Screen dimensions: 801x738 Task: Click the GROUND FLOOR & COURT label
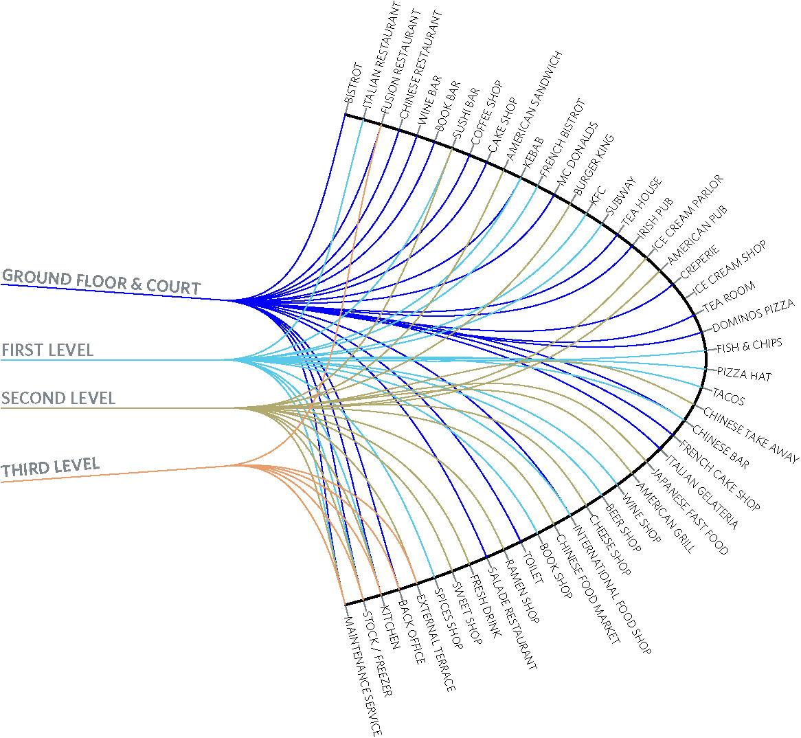[101, 282]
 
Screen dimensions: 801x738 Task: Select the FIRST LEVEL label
[47, 350]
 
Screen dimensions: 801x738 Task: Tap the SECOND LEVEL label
[58, 398]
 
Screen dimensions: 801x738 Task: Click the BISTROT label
[354, 83]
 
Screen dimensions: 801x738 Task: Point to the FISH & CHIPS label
[749, 346]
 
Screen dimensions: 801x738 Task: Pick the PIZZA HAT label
[744, 374]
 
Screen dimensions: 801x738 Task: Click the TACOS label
[728, 396]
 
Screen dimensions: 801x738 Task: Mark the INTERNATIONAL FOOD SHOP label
[612, 590]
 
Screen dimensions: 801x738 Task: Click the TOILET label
[532, 568]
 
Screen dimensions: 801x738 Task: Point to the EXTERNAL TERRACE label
[436, 642]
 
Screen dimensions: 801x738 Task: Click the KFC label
[598, 197]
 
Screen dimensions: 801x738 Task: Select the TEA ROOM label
[730, 297]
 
